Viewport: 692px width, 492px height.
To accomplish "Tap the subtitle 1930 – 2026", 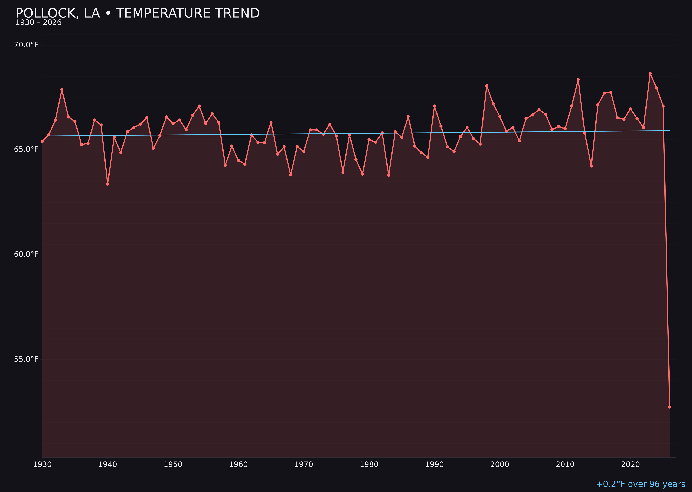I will tap(38, 23).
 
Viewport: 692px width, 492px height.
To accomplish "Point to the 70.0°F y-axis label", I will tap(26, 45).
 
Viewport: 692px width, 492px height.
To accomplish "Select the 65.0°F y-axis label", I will tap(26, 149).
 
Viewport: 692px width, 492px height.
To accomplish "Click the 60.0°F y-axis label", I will tap(26, 254).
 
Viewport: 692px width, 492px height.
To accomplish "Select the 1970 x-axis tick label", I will tap(304, 464).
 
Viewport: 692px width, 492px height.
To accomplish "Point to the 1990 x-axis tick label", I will tap(434, 464).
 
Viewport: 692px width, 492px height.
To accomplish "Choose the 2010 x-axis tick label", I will tap(565, 464).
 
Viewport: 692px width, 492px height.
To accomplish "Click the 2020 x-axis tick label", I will tap(630, 464).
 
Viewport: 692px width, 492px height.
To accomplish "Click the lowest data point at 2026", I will tap(670, 407).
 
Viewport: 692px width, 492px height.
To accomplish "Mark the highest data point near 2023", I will tap(650, 73).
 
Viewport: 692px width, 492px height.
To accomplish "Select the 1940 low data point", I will tap(108, 184).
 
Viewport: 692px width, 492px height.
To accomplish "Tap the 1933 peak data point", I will tap(62, 90).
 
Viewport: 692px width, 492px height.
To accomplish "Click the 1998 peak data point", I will tap(487, 86).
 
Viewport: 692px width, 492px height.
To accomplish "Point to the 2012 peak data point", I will tap(578, 80).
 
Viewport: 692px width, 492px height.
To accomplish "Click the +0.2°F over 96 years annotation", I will tap(640, 484).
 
